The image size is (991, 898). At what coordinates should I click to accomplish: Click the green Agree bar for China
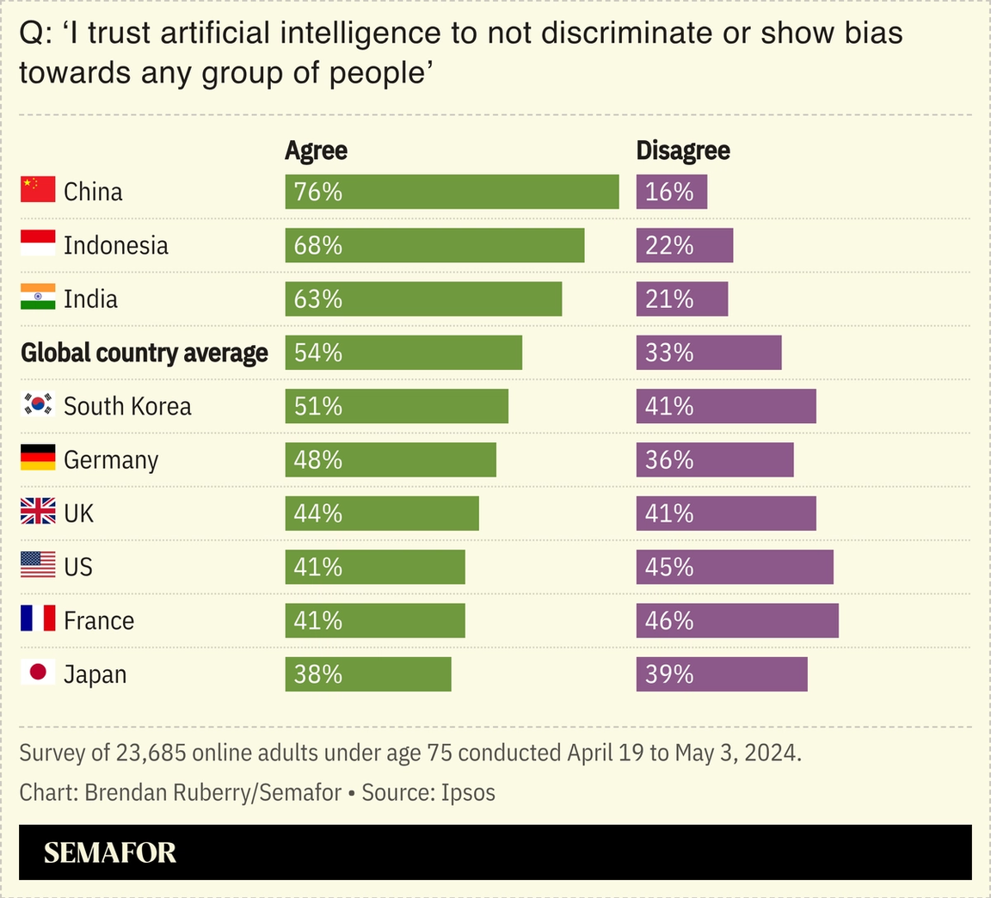coord(452,192)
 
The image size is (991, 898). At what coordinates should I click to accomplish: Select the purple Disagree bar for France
coord(737,621)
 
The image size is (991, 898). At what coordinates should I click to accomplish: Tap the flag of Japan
coord(38,672)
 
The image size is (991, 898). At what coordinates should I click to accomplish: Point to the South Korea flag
coord(38,404)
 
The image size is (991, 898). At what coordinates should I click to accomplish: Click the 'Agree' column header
coord(316,151)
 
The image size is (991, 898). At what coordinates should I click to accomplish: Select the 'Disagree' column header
coord(682,151)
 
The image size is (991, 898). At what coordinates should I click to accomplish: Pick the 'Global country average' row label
coord(145,353)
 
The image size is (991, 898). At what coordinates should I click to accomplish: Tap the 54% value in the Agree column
coord(318,353)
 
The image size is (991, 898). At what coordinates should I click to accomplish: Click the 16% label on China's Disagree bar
coord(669,192)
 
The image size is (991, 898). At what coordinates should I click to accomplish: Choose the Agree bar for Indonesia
coord(434,245)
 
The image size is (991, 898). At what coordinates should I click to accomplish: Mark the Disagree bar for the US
coord(735,568)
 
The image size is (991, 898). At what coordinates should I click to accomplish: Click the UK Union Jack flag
coord(38,512)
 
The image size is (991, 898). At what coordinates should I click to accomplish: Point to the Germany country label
coord(111,460)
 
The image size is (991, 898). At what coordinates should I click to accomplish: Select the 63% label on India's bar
coord(318,299)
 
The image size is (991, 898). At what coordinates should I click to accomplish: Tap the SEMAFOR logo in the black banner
coord(110,852)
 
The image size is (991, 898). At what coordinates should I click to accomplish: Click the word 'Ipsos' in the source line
coord(468,792)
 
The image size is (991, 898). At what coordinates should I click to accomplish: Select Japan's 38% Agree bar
coord(368,674)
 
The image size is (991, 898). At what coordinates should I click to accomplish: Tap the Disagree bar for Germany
coord(715,460)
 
